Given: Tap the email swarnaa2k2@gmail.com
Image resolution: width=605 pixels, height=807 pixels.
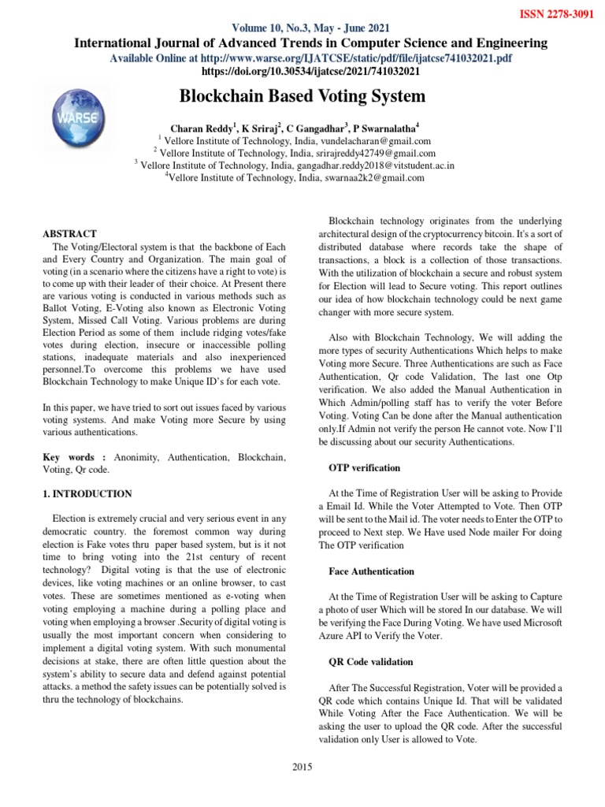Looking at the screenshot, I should (376, 177).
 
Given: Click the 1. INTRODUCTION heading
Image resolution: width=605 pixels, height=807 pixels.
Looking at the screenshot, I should (87, 493).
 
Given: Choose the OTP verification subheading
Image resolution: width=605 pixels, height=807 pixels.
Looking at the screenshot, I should (364, 467).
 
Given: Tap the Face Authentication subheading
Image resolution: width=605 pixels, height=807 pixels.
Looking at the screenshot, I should (370, 571).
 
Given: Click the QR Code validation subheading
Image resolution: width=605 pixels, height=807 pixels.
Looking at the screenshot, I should (370, 661).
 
